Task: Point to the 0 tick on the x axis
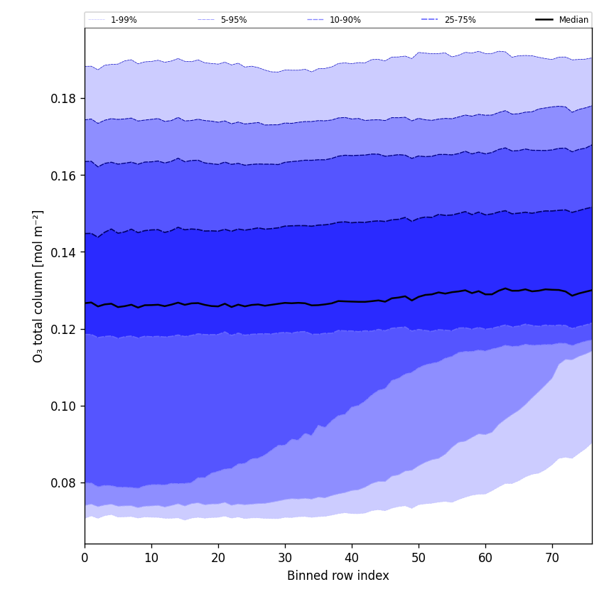85,559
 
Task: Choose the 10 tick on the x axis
151,559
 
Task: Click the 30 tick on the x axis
285,559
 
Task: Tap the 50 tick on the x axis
419,559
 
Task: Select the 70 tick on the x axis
552,559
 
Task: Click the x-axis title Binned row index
338,576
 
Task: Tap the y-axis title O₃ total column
38,286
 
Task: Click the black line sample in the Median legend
544,20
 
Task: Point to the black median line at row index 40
352,301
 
